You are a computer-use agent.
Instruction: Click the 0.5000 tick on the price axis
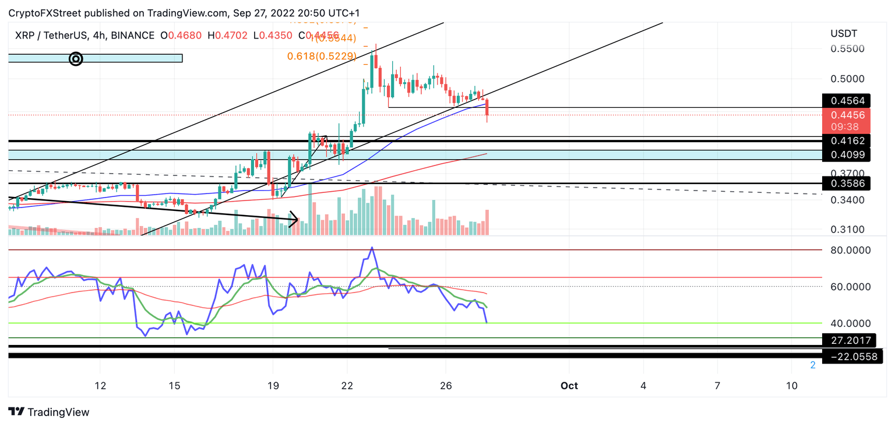(x=848, y=79)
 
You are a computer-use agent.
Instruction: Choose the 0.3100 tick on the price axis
(x=848, y=230)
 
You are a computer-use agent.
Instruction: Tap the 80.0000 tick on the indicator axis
(x=851, y=250)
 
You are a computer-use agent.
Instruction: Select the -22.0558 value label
(x=849, y=357)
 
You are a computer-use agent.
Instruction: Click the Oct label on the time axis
(x=569, y=386)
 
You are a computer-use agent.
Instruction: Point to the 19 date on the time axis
(x=273, y=386)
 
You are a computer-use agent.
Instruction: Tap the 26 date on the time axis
(x=446, y=386)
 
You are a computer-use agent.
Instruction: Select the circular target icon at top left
(x=76, y=58)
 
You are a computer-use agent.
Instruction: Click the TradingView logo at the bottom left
(x=49, y=412)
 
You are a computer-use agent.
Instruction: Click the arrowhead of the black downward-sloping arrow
(x=295, y=220)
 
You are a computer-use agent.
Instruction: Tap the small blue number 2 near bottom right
(x=812, y=365)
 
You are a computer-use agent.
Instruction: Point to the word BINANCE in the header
(x=132, y=36)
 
